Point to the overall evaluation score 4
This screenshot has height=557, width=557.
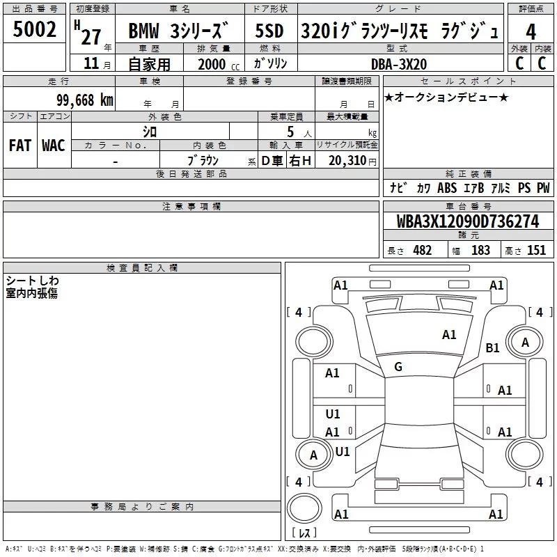point(531,31)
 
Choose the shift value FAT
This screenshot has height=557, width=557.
point(19,146)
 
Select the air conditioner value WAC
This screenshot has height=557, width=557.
point(54,146)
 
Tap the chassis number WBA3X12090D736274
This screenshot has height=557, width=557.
point(466,221)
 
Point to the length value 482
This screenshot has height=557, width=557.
point(422,251)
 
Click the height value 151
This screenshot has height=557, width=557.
point(536,251)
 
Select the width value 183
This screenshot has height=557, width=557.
point(480,251)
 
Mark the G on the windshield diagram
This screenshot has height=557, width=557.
point(398,366)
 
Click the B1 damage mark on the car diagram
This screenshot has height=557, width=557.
point(493,348)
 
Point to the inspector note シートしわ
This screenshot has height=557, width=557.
point(33,281)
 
